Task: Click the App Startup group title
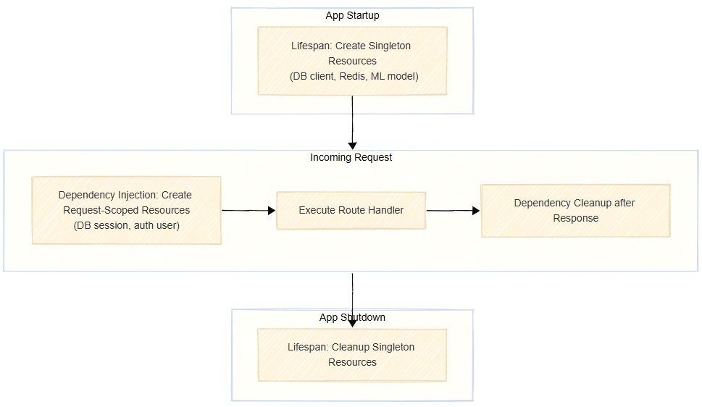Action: [x=352, y=15]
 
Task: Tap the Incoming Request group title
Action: [x=351, y=157]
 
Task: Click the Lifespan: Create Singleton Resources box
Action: [x=352, y=61]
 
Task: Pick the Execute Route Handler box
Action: [x=351, y=210]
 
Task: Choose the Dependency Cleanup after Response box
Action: [x=575, y=210]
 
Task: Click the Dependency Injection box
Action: [x=126, y=210]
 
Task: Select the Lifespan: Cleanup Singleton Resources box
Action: [x=352, y=355]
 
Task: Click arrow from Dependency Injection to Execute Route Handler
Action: [x=248, y=211]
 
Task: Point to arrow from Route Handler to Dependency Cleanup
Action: [x=453, y=211]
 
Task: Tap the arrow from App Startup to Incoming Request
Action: [x=352, y=123]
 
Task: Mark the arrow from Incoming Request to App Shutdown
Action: [x=352, y=293]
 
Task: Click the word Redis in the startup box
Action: [x=352, y=76]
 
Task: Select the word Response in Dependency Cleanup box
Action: [x=575, y=218]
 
